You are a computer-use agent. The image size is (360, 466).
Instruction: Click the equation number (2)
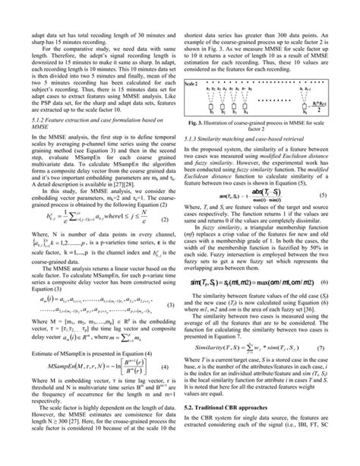169,218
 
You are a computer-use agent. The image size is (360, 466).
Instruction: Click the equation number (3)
169,284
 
